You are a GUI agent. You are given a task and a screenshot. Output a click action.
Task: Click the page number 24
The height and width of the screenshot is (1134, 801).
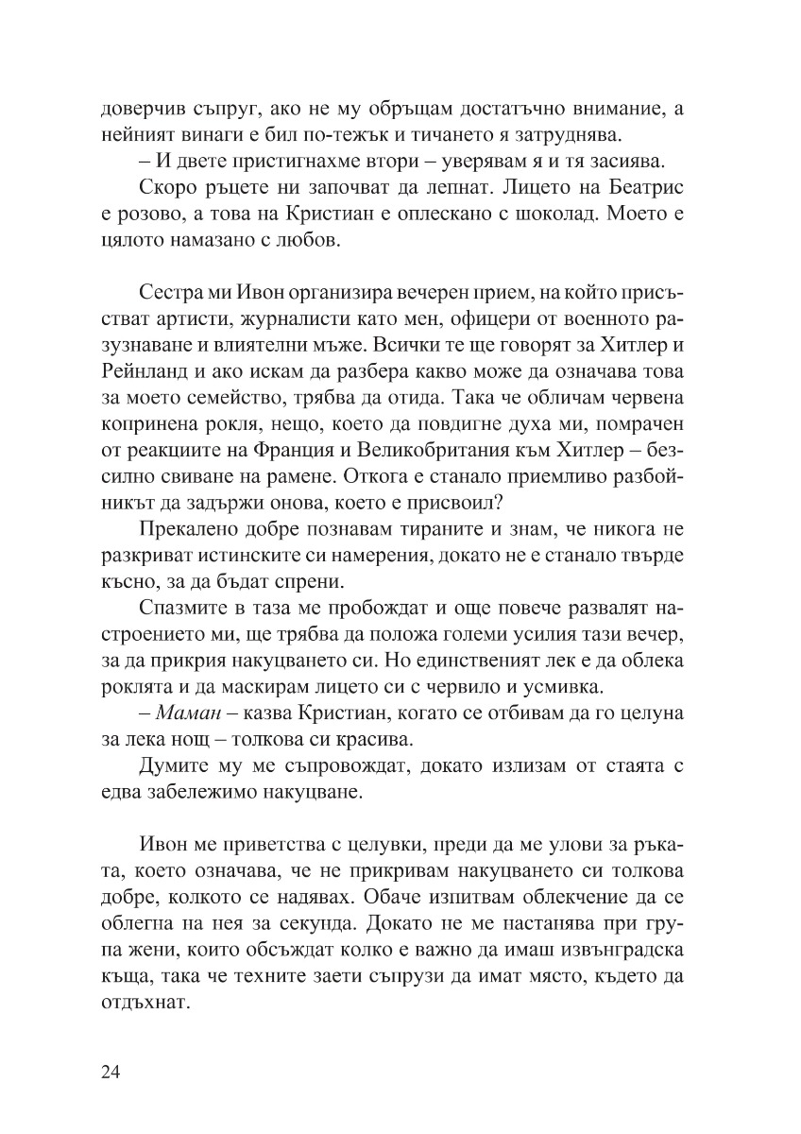click(111, 1072)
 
